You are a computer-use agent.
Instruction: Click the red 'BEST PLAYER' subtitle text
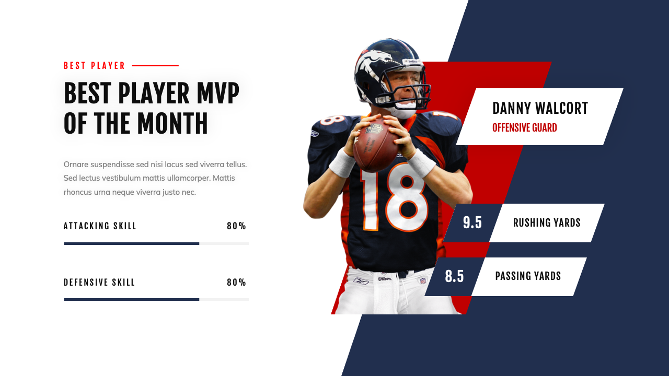tap(95, 66)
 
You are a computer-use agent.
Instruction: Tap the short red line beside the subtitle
tap(155, 66)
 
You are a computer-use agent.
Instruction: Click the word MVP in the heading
tap(218, 94)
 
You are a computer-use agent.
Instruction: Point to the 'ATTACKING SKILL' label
tap(100, 226)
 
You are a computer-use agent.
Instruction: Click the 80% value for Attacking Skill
tap(236, 226)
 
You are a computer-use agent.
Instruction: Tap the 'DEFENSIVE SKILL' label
tap(99, 283)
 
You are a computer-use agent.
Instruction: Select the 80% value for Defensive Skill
tap(236, 283)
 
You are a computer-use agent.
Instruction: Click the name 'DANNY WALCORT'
tap(540, 109)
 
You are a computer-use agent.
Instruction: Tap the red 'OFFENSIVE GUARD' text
tap(524, 128)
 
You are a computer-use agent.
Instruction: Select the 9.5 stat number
tap(472, 223)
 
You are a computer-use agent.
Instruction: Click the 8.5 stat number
tap(454, 277)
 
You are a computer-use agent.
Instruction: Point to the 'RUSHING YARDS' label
tap(547, 223)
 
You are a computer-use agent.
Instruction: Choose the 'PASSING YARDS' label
tap(528, 276)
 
